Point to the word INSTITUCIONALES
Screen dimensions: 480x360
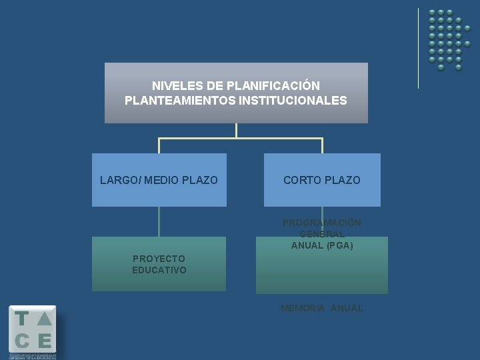(x=293, y=101)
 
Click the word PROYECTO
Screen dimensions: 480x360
(x=159, y=258)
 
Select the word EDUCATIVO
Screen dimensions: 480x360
(x=159, y=270)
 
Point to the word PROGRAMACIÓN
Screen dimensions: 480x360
(x=322, y=223)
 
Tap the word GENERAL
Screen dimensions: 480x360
(x=322, y=234)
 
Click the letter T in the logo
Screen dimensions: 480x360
(x=22, y=319)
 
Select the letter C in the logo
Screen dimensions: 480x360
(x=22, y=341)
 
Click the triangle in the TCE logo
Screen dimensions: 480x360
(x=45, y=319)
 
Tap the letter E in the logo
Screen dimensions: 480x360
(x=45, y=341)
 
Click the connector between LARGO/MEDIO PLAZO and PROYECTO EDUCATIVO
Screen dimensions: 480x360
(x=159, y=221)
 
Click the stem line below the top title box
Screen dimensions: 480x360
(x=236, y=131)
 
